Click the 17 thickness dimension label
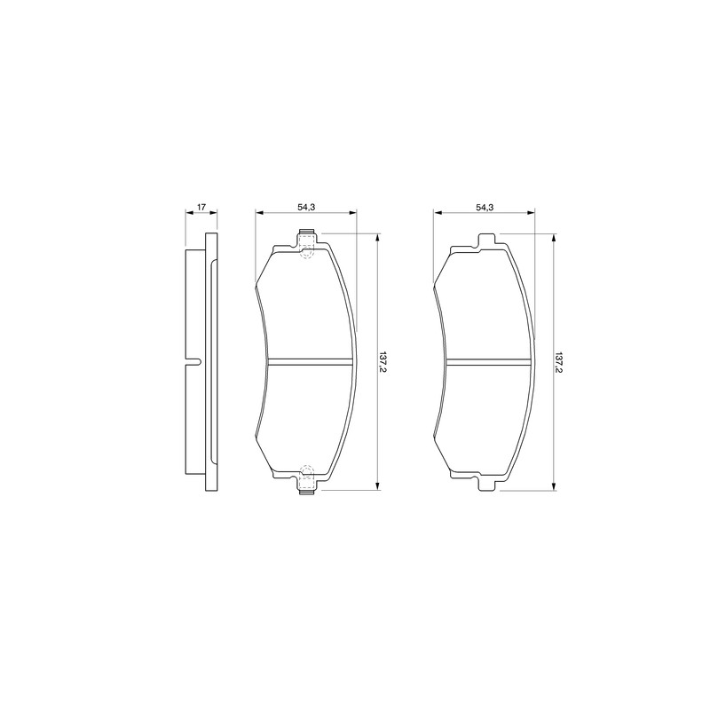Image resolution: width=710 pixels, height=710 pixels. (201, 207)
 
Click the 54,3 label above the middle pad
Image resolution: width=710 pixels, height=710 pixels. (306, 207)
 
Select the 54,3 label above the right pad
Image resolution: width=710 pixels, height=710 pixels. (485, 207)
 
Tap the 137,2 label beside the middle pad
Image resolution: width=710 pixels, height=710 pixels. (383, 362)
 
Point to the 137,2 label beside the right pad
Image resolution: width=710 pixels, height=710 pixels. (559, 362)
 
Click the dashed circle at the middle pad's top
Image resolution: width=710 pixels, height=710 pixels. (306, 253)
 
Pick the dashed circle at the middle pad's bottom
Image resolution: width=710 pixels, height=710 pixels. (306, 471)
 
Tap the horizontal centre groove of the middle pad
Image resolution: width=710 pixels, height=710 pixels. (309, 362)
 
